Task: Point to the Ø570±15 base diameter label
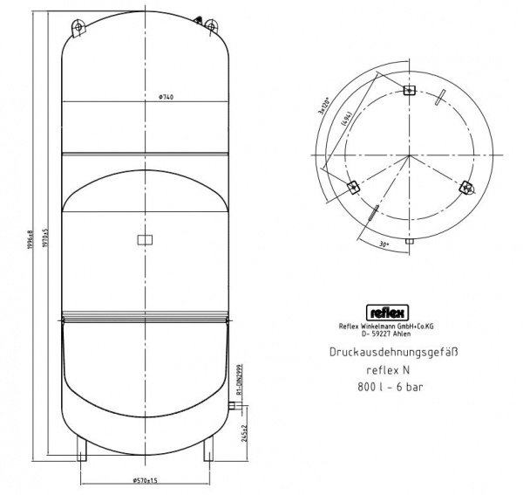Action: click(145, 480)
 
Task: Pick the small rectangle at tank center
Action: click(145, 238)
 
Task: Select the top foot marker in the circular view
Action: click(411, 90)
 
